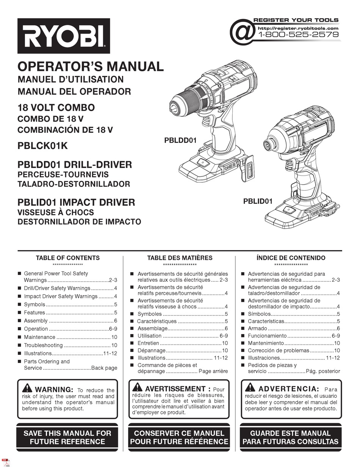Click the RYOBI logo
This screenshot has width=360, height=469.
[63, 36]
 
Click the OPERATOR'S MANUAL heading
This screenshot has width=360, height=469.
[91, 66]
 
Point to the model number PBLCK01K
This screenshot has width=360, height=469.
[42, 146]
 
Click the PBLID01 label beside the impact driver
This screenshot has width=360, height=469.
[258, 201]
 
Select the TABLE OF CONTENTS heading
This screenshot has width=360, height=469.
[67, 258]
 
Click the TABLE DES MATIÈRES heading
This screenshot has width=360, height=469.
[180, 258]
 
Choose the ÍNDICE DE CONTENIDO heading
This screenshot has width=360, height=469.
[291, 258]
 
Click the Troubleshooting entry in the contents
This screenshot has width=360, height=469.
[43, 345]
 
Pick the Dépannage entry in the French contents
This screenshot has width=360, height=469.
[151, 351]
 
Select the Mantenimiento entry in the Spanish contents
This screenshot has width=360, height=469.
[266, 343]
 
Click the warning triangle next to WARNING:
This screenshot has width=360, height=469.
[27, 388]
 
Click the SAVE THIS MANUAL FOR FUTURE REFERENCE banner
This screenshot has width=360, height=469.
[67, 437]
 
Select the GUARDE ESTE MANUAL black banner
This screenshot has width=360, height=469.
[290, 437]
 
